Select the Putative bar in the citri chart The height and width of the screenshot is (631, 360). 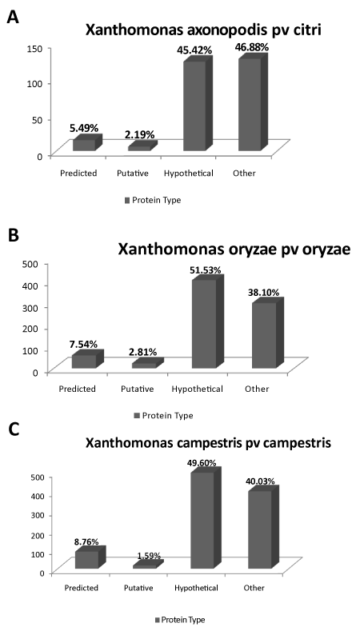[x=142, y=146]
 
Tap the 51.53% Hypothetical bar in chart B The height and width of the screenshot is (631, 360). [x=208, y=321]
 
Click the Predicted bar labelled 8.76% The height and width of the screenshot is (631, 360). [x=90, y=557]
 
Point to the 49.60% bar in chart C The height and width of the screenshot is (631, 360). [x=206, y=518]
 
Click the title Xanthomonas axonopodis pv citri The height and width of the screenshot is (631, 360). [x=203, y=30]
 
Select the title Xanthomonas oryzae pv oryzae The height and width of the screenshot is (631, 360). [x=234, y=249]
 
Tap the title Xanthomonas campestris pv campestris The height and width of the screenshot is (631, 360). [x=208, y=443]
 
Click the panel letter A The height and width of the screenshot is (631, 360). [x=14, y=17]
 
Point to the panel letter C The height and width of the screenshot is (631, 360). [x=14, y=429]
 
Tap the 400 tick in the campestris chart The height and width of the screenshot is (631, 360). [x=38, y=496]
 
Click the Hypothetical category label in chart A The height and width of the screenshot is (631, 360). [x=189, y=174]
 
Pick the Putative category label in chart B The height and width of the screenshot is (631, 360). [x=138, y=389]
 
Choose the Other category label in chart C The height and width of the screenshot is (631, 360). [x=254, y=588]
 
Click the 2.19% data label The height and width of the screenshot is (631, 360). [x=139, y=135]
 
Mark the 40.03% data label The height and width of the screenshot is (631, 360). [x=260, y=481]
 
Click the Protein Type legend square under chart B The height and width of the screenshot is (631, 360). [x=137, y=415]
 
